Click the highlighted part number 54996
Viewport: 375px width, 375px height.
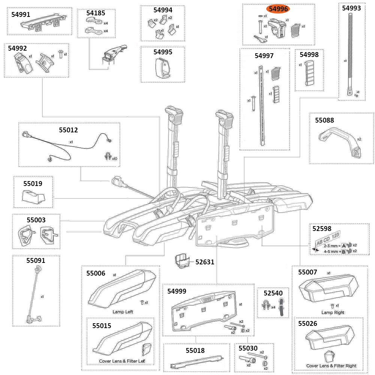pyautogui.click(x=279, y=9)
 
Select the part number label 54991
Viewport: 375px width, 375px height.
pyautogui.click(x=22, y=15)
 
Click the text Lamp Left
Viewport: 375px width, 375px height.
pyautogui.click(x=123, y=312)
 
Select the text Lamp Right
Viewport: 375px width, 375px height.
pyautogui.click(x=333, y=312)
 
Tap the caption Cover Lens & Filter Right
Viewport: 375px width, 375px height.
pyautogui.click(x=331, y=366)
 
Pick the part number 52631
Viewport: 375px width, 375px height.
pyautogui.click(x=205, y=262)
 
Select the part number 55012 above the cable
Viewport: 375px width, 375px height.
pyautogui.click(x=68, y=130)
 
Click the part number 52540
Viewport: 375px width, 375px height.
pyautogui.click(x=270, y=293)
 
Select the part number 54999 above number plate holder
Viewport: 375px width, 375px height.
pyautogui.click(x=177, y=291)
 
